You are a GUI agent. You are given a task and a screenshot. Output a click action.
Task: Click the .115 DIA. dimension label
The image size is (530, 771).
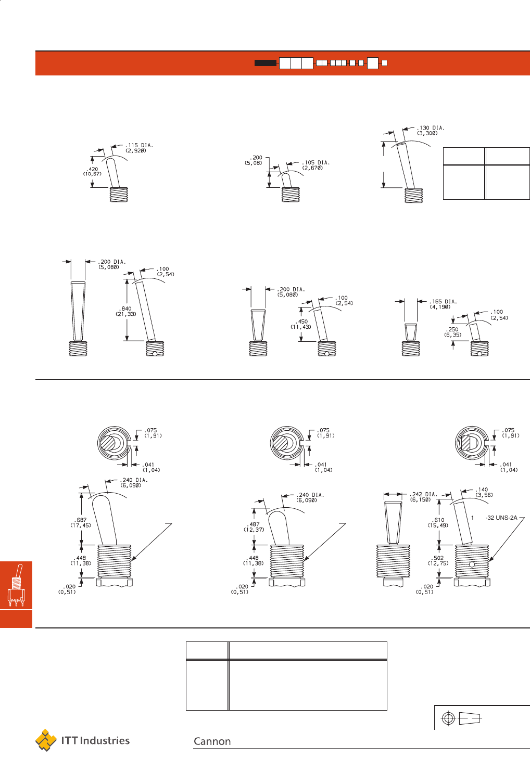coord(139,145)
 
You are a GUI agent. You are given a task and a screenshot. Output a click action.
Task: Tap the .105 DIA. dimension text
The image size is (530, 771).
coord(316,162)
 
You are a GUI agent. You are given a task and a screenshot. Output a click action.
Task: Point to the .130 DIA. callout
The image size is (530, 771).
coord(431,127)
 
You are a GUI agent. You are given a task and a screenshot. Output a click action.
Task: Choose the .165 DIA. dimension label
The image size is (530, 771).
coord(443,302)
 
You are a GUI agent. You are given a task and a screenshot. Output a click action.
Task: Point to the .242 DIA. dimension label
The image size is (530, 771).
coord(424,494)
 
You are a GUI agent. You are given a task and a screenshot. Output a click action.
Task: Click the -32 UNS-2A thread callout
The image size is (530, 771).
coord(501,518)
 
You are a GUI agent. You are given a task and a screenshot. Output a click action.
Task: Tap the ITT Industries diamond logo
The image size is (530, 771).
coord(46,740)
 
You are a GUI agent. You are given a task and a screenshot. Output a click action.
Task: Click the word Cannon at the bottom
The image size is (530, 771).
coord(212,741)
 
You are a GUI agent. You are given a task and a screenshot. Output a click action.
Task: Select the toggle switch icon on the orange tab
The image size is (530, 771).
coord(16,585)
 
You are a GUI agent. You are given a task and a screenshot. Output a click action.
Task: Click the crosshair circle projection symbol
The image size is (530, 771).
coord(448,718)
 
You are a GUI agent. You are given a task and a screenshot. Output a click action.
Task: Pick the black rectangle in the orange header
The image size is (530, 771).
coord(266,63)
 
